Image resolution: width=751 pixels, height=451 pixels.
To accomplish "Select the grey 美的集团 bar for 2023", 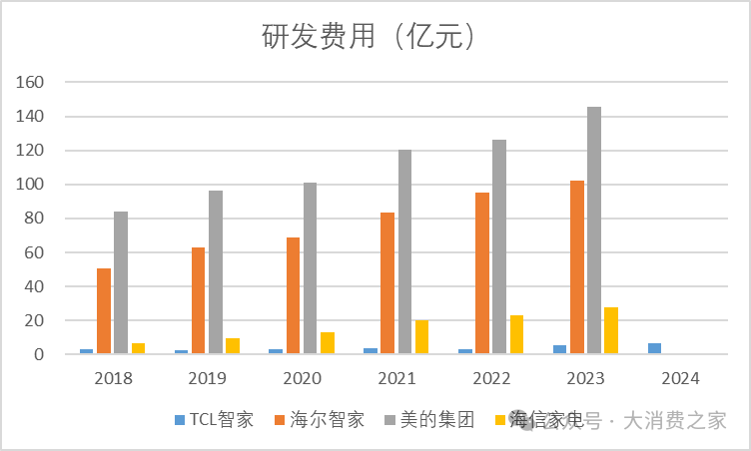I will coord(594,230).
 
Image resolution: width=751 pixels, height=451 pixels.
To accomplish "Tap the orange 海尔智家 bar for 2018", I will coord(104,311).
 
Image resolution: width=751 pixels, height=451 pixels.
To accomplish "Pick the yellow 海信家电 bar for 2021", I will coord(421,337).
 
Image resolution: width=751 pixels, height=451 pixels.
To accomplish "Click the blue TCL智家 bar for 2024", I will coord(654,348).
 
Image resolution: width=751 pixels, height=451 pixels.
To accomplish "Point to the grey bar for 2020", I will coord(310,268).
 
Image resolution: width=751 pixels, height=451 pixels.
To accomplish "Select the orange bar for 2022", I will coord(482,273).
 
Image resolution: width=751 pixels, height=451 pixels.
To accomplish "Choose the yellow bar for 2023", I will coord(611,330).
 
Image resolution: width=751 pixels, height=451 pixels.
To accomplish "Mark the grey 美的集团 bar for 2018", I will coord(121,282).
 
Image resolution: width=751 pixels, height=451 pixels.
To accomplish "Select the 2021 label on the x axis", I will coord(396,378).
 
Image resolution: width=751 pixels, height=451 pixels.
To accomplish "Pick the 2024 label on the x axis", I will coord(680,378).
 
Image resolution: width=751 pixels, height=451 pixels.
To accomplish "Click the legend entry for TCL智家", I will coord(215,419).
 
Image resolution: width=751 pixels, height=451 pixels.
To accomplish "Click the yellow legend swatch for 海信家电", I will coord(500,419).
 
